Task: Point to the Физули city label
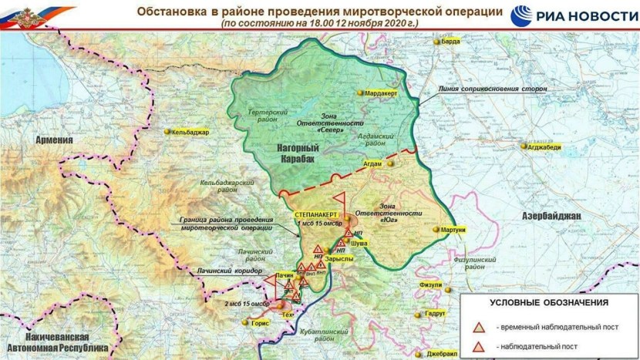click(x=430, y=284)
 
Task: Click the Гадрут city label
click(x=435, y=314)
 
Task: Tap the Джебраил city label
click(x=444, y=352)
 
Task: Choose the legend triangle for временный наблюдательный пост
click(x=480, y=328)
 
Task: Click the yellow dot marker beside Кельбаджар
click(x=167, y=132)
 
